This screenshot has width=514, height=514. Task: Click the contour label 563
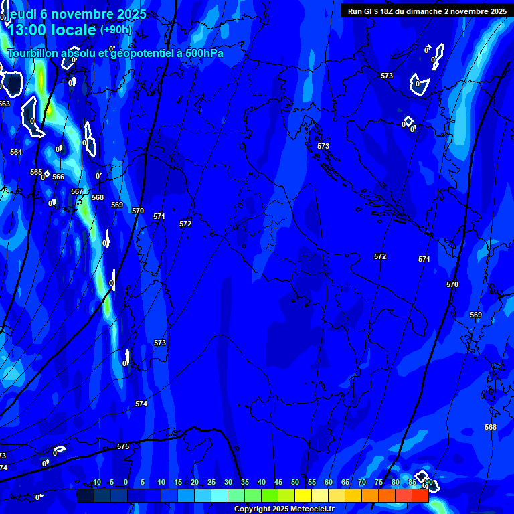[5, 104]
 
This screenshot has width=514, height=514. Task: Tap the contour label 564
[16, 152]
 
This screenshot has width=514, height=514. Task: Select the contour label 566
[58, 177]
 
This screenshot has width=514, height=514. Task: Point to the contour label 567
[77, 191]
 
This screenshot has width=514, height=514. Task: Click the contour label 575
[123, 446]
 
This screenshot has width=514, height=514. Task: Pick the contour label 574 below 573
[141, 404]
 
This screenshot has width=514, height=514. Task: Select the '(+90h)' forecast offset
[116, 30]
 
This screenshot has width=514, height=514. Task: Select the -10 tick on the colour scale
[95, 482]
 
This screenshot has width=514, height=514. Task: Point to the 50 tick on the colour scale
[294, 482]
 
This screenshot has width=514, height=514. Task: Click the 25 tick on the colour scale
[211, 482]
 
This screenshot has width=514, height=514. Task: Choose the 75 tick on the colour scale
[378, 482]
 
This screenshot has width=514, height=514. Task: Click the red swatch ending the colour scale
[420, 495]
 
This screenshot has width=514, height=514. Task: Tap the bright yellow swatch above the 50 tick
[303, 495]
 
